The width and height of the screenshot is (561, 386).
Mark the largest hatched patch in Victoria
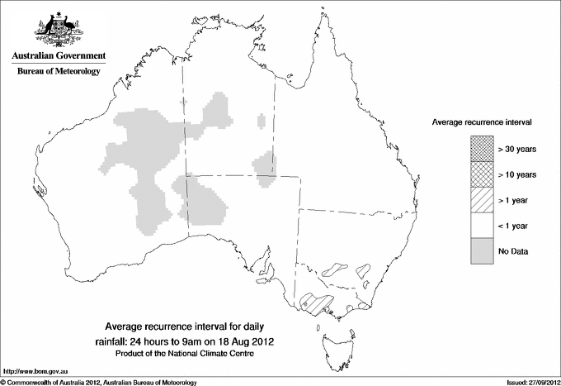pos(316,302)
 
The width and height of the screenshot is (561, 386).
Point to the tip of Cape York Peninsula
pos(317,17)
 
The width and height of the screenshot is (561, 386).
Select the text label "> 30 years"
pos(517,149)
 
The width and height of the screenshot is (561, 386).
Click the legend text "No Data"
pos(513,250)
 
